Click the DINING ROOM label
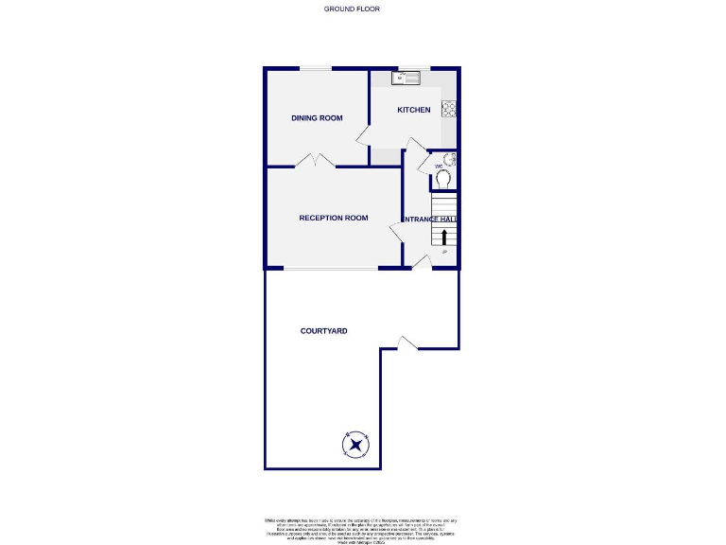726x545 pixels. click(x=316, y=118)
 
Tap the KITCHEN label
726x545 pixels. click(x=413, y=111)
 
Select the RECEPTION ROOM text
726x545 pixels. click(x=333, y=219)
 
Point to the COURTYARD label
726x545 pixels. click(x=324, y=331)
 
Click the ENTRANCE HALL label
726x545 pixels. click(x=431, y=220)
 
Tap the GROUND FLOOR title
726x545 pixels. click(x=352, y=9)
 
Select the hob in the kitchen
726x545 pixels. click(x=450, y=110)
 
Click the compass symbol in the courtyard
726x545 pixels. click(x=356, y=444)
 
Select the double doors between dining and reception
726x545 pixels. click(x=314, y=161)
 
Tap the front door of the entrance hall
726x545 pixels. click(x=423, y=262)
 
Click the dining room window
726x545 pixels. click(x=316, y=67)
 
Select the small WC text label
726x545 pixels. click(x=439, y=167)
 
